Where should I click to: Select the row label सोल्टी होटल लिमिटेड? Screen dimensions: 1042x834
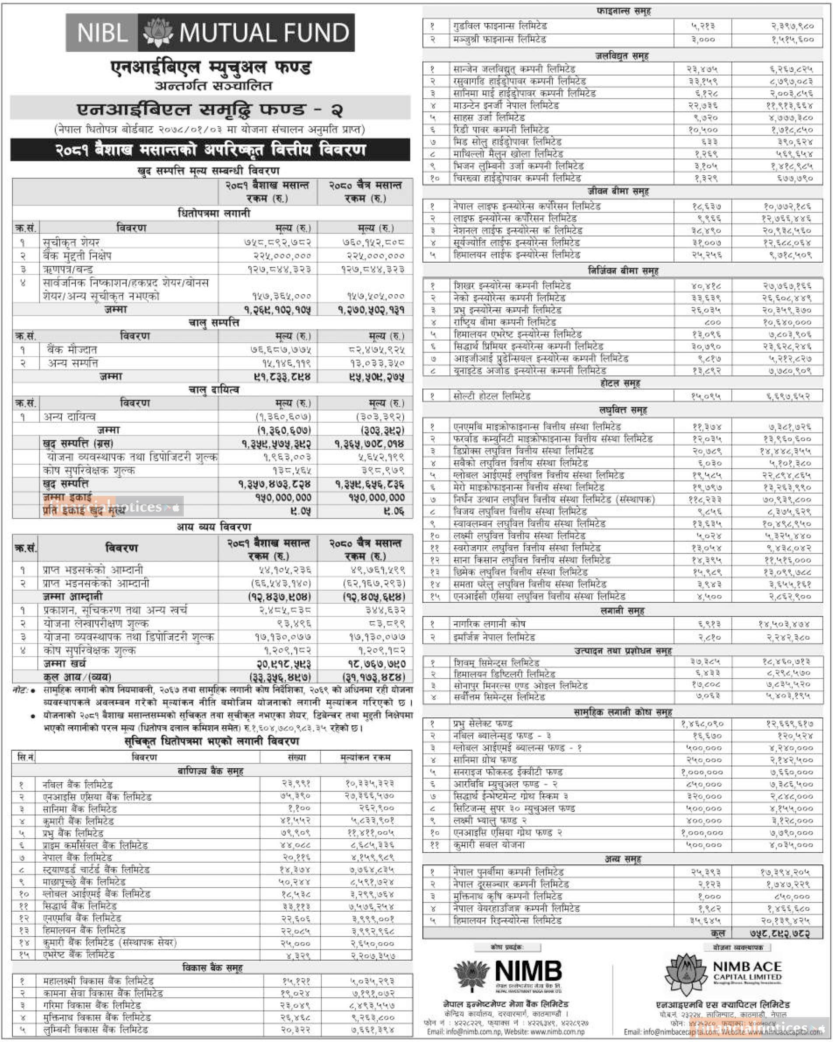(x=491, y=396)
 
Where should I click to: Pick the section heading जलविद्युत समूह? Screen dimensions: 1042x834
(x=622, y=56)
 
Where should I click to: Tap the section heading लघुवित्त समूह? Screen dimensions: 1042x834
(x=622, y=410)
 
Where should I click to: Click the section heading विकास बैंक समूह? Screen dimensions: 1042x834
(x=212, y=967)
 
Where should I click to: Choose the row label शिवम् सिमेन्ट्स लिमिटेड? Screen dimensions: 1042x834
(x=496, y=662)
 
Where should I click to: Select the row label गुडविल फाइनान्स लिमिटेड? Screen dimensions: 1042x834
(x=500, y=26)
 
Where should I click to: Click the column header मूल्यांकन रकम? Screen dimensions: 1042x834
(x=365, y=757)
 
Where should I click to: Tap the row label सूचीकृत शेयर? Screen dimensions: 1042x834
(x=71, y=242)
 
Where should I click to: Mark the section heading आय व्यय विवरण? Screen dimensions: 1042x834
(x=214, y=527)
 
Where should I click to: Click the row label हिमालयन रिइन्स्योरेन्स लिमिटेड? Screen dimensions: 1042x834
(x=508, y=920)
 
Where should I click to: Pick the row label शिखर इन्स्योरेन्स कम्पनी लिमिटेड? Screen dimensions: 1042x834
(x=512, y=286)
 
